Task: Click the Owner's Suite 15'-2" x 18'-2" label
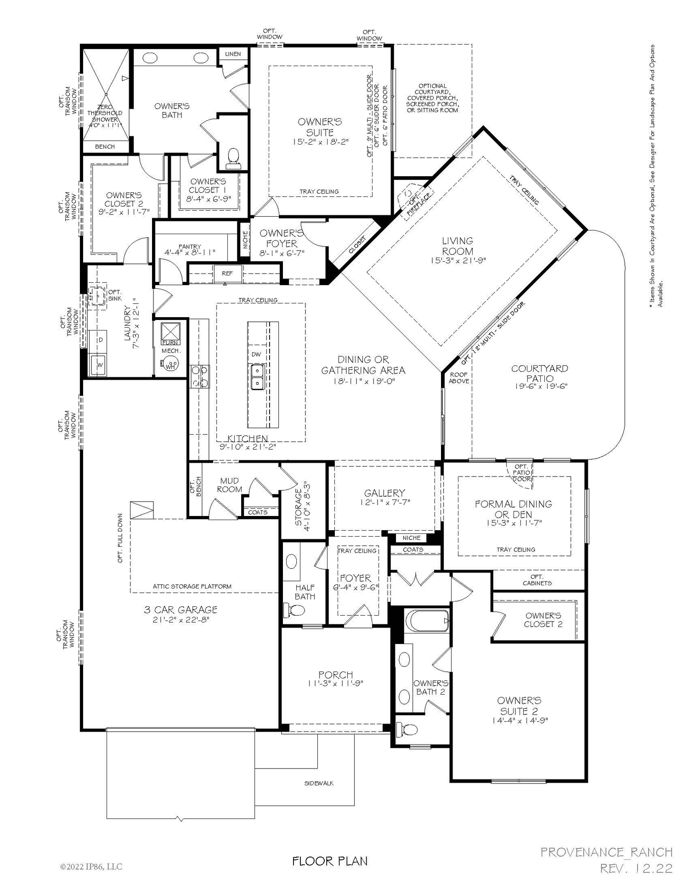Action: click(x=320, y=131)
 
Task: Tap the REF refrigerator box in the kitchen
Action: click(x=227, y=274)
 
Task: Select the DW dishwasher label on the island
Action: click(x=256, y=354)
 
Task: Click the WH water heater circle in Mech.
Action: click(x=170, y=365)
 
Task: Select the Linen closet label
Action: click(x=233, y=54)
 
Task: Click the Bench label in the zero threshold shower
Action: click(x=105, y=147)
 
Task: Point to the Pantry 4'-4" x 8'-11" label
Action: click(x=190, y=250)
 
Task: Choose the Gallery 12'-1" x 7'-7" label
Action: click(x=384, y=497)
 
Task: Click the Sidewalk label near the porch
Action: click(x=319, y=783)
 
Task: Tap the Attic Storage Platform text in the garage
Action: click(x=192, y=586)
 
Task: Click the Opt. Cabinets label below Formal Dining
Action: click(x=537, y=580)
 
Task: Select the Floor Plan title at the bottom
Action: click(x=330, y=861)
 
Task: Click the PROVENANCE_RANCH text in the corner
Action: click(x=606, y=852)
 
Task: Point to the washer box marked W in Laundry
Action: click(x=99, y=365)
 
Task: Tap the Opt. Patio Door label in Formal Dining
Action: click(x=521, y=473)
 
